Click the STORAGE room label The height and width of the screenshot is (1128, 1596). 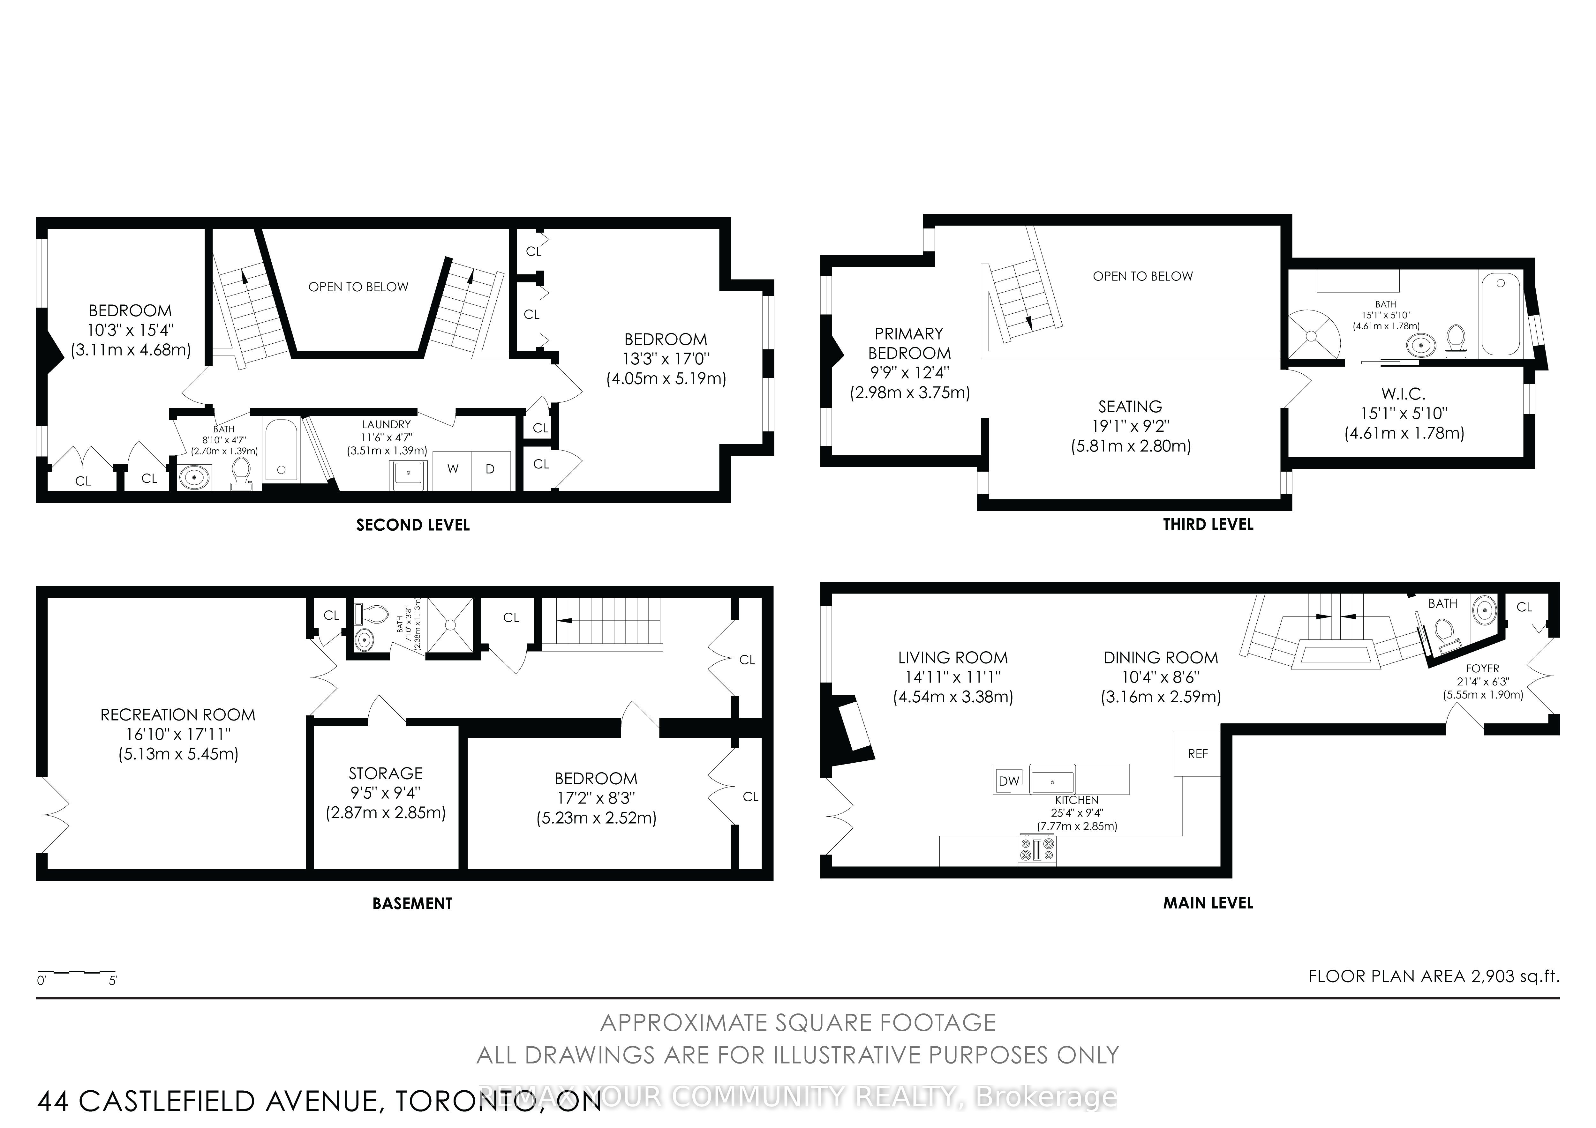(386, 773)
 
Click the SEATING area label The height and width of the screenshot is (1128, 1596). (1130, 407)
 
